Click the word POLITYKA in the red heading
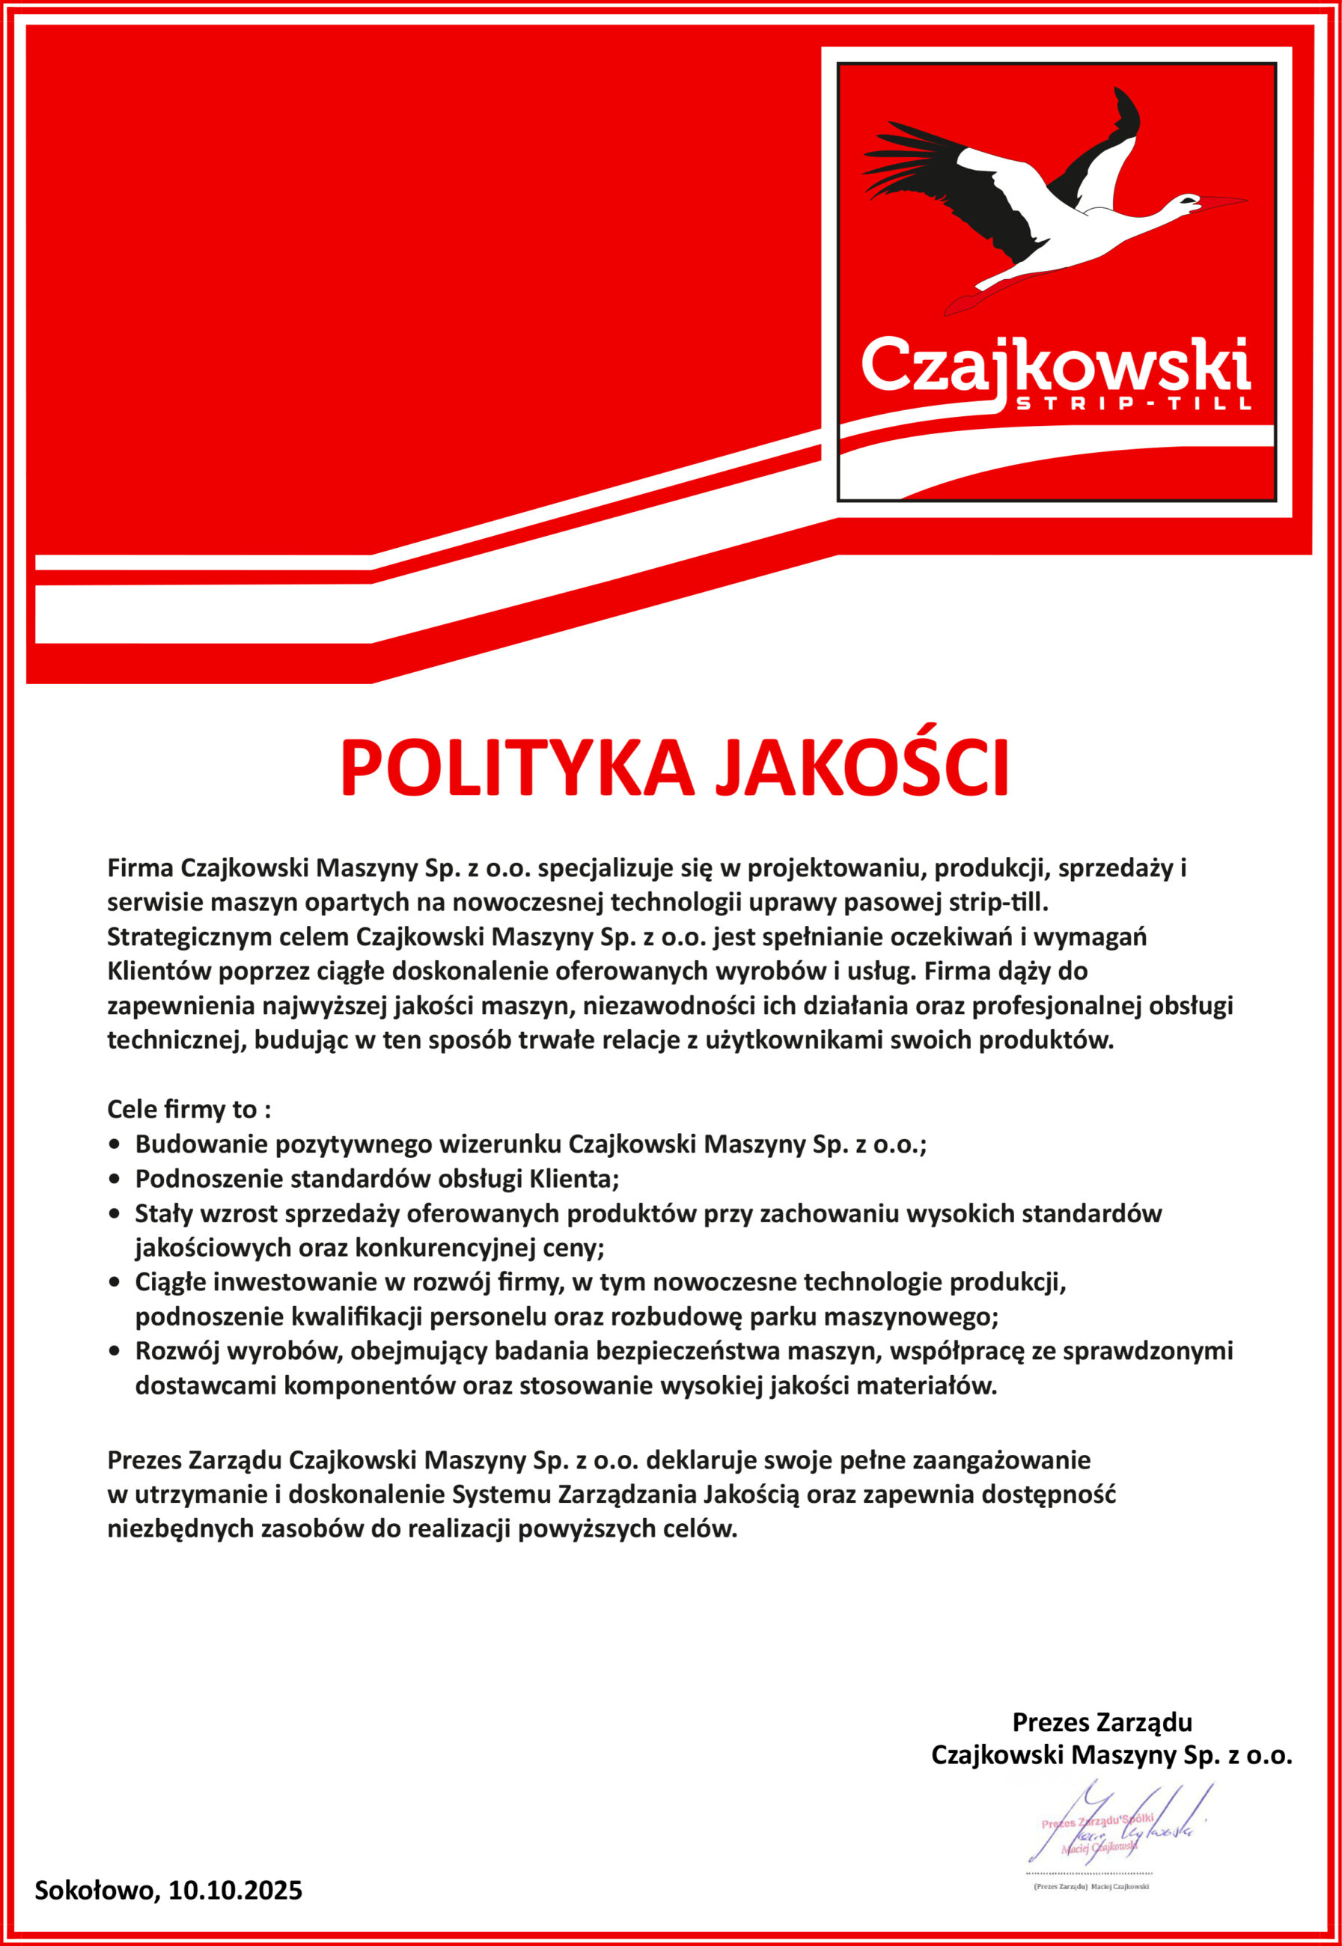[x=516, y=769]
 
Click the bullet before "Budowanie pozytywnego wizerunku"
[x=115, y=1145]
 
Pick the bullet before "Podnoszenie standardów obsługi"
[x=115, y=1180]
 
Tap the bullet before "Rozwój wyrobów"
[x=115, y=1352]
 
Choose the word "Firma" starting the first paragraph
[x=141, y=868]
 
